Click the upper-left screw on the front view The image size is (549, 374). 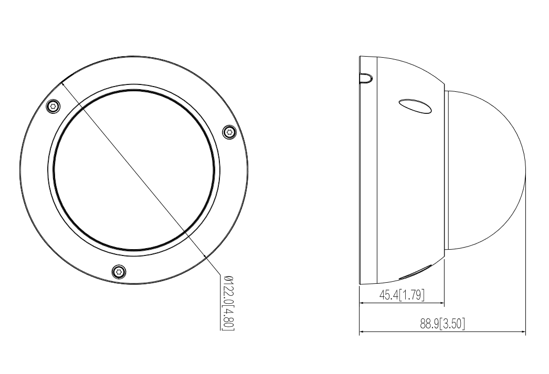51,106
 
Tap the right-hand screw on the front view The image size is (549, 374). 228,132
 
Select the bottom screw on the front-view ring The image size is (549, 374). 119,271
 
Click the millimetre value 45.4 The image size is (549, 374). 389,295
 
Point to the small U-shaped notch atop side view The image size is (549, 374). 366,78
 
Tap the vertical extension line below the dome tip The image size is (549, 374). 525,262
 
